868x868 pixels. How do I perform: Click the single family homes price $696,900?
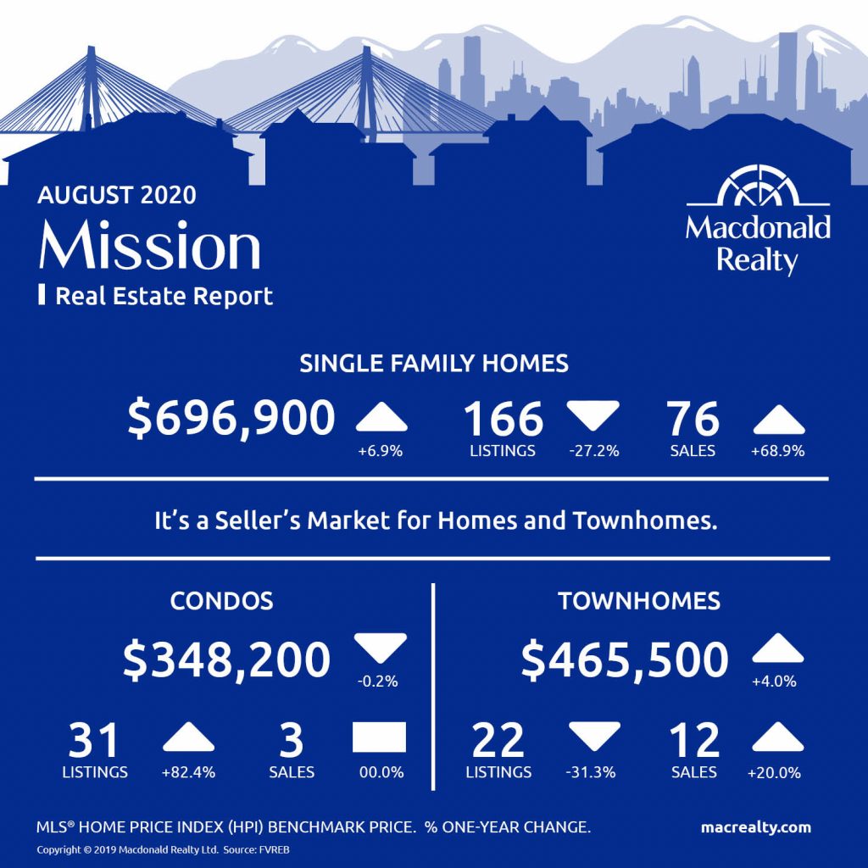[x=231, y=419]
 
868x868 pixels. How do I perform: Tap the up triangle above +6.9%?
[x=381, y=418]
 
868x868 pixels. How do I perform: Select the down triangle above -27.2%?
[x=593, y=415]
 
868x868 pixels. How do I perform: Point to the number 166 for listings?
[x=504, y=419]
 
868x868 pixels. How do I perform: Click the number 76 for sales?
[x=693, y=419]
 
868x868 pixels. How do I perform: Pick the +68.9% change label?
[x=778, y=451]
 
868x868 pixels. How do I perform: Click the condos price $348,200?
[x=226, y=659]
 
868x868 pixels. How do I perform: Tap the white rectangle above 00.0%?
[x=379, y=737]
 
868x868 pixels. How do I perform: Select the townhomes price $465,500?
[x=625, y=659]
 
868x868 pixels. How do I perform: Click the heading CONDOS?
[x=221, y=601]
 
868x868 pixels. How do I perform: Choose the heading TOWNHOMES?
[x=639, y=601]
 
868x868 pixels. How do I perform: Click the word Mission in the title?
[x=149, y=245]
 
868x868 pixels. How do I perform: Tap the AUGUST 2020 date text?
[x=117, y=196]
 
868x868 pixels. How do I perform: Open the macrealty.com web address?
[x=755, y=827]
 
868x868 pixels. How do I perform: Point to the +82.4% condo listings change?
[x=188, y=772]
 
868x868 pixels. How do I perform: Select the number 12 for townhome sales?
[x=694, y=740]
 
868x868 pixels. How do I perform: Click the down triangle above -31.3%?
[x=594, y=737]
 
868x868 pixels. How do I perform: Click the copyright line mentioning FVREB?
[x=164, y=849]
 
